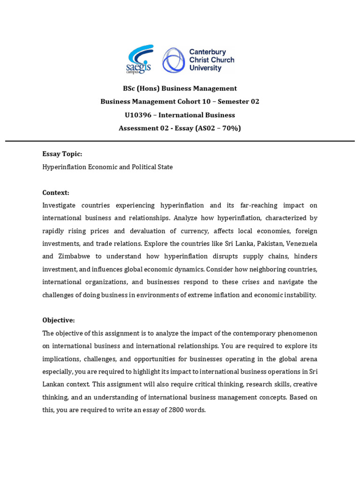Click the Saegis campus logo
140,60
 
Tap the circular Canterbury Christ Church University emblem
173,60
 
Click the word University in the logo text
205,68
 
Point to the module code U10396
140,115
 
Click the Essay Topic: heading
62,154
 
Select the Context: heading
56,193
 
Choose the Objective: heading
59,320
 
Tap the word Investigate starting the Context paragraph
59,205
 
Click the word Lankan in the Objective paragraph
52,384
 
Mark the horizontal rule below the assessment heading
180,141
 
